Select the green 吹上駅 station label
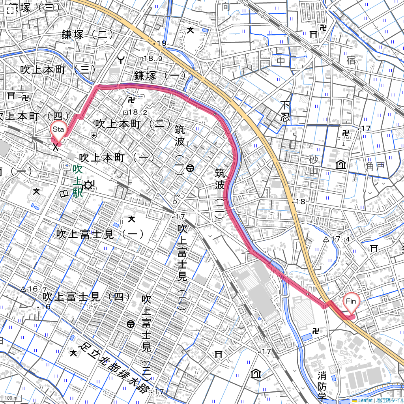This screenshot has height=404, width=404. (78, 181)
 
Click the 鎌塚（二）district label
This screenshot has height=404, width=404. (85, 34)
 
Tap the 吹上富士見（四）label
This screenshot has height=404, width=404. (83, 296)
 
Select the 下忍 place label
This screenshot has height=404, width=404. (285, 111)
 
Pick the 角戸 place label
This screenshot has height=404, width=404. (375, 166)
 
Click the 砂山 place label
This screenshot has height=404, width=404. (314, 165)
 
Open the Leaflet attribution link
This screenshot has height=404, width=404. (362, 400)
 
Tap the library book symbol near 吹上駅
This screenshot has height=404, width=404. (63, 194)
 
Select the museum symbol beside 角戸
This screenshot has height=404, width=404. (340, 165)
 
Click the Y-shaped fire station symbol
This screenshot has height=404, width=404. (121, 60)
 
